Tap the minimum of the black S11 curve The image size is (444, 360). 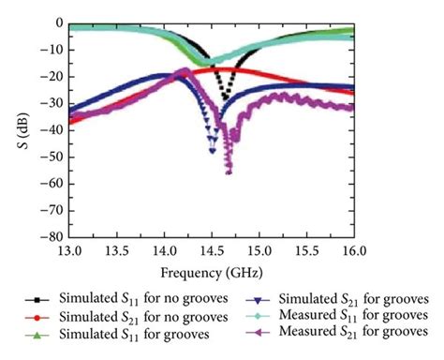224,98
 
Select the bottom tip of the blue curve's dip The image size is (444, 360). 213,150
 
